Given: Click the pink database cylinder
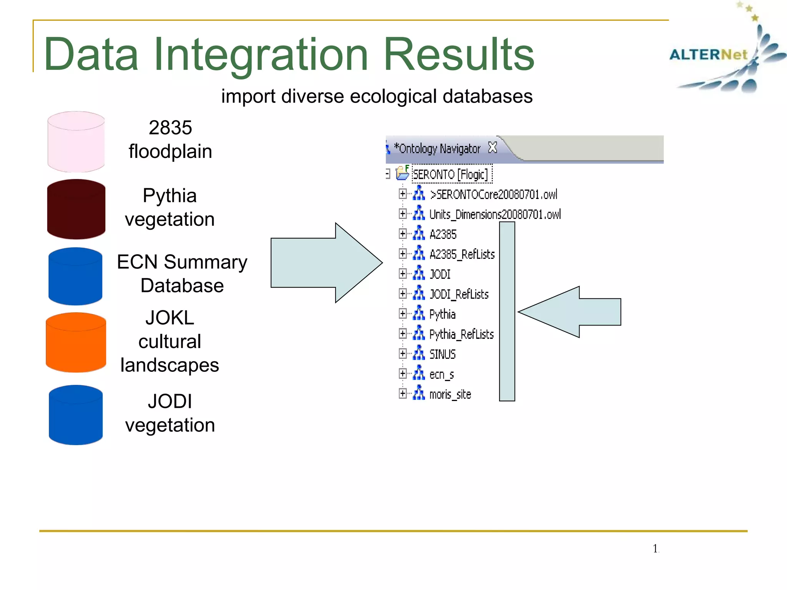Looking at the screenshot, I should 76,142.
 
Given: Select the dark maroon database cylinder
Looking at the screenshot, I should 76,209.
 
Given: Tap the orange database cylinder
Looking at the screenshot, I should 76,343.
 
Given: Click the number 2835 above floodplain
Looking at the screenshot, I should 170,128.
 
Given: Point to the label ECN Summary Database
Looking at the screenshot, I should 182,273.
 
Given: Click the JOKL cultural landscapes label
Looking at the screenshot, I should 169,341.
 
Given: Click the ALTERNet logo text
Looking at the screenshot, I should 708,55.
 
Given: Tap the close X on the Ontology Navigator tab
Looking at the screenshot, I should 492,147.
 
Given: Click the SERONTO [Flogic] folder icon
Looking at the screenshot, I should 402,173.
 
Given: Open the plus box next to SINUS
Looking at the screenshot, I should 402,353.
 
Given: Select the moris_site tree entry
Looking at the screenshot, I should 450,394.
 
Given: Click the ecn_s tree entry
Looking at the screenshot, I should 441,374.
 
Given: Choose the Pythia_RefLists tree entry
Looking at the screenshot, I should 461,334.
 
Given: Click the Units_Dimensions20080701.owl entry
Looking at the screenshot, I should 495,214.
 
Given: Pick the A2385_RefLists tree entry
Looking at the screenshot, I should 462,254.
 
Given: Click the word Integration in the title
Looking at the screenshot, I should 261,55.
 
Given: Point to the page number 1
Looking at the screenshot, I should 655,549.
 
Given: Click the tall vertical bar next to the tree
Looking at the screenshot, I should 507,312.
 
